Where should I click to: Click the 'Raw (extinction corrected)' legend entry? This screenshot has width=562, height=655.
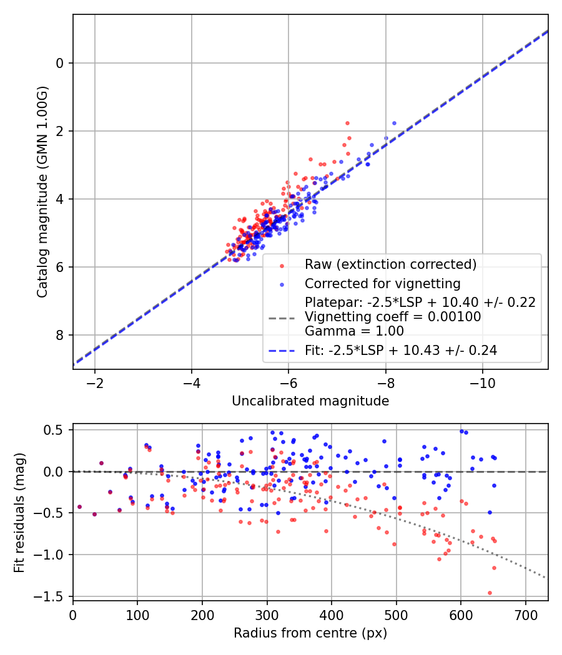pos(390,264)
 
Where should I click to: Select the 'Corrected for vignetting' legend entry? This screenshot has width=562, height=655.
pos(382,284)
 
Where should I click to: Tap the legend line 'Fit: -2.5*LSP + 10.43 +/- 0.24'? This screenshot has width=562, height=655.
pos(401,351)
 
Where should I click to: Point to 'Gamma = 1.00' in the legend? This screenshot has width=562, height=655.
pos(354,331)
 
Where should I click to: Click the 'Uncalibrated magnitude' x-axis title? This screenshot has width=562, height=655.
pos(310,401)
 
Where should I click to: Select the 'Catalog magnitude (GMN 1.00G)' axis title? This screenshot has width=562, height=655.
pos(42,192)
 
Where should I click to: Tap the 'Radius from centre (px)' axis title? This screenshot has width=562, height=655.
pos(310,633)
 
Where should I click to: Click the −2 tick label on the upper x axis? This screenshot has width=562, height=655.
pos(95,383)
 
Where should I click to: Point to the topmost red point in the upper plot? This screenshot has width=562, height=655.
pos(347,123)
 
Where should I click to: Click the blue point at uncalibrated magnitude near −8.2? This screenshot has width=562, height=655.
pos(394,123)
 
